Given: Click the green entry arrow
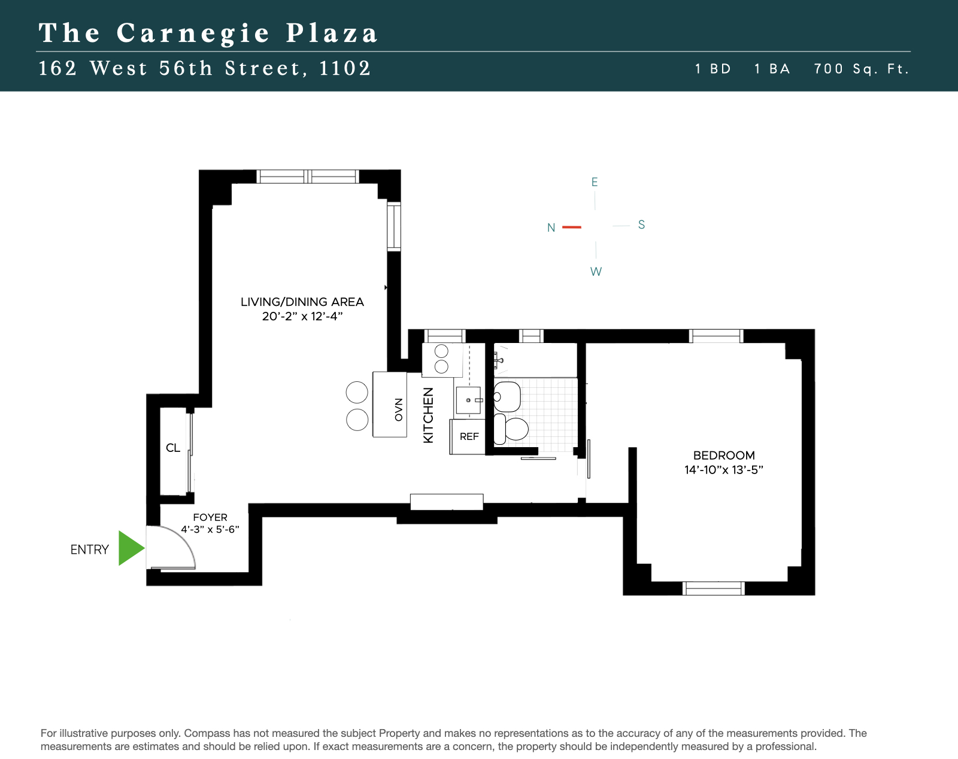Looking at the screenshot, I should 131,548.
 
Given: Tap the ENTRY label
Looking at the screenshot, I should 90,549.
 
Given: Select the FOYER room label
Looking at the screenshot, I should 210,517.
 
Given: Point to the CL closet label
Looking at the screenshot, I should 173,448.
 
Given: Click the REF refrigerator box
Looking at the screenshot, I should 468,437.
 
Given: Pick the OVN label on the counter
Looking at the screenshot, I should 399,409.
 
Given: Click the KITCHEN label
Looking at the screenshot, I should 428,415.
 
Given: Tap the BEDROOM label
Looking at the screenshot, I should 724,456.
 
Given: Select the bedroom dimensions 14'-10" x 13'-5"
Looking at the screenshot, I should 724,470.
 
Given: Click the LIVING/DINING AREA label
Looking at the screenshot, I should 302,302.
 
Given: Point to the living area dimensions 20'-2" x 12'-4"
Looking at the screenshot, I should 302,316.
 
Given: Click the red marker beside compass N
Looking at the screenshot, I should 572,227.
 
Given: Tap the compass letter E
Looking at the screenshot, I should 595,182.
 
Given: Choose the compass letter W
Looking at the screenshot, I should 596,272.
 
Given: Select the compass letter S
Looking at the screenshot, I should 641,224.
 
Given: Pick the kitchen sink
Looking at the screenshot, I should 468,400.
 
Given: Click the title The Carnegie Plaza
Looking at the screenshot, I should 208,33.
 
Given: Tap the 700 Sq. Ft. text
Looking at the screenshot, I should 861,69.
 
